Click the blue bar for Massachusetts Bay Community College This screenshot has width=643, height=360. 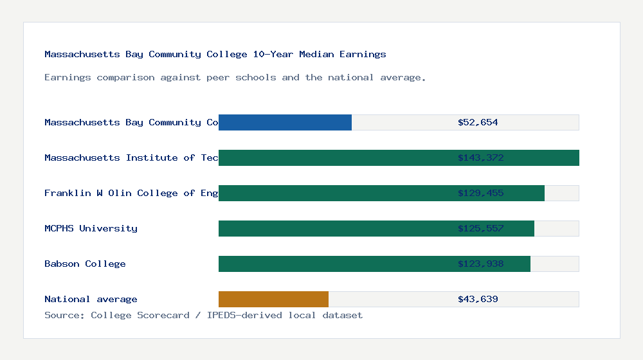pos(285,122)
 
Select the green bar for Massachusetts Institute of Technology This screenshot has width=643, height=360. pos(399,157)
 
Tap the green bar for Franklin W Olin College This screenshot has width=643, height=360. pos(381,193)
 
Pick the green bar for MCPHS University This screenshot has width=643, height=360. pos(376,228)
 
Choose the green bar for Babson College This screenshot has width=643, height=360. pos(374,264)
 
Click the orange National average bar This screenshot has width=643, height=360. pos(273,299)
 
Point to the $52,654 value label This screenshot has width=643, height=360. pos(478,122)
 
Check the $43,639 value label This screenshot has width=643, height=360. pos(478,299)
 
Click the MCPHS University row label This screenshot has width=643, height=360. pos(91,228)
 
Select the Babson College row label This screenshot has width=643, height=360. pos(85,264)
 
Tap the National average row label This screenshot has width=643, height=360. pos(91,299)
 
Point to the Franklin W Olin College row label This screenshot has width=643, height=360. pos(131,193)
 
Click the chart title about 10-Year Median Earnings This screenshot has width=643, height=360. pos(215,55)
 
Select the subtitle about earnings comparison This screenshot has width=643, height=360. pos(235,78)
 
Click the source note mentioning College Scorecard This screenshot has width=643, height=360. pos(203,316)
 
